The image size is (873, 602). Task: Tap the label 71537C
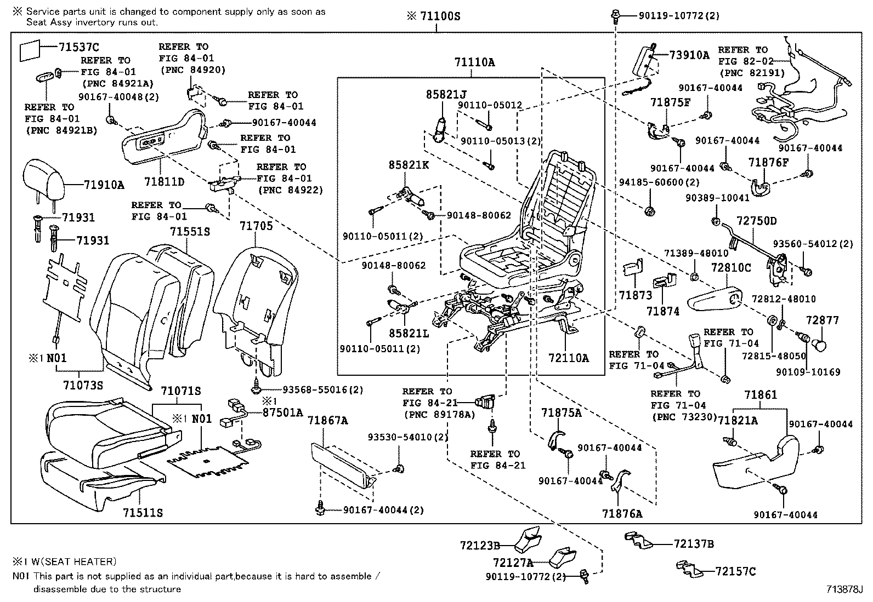pos(79,48)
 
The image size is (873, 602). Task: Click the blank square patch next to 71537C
pos(31,50)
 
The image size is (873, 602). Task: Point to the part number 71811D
pos(165,181)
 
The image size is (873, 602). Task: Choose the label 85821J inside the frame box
pos(446,94)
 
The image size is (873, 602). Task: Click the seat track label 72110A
pos(568,358)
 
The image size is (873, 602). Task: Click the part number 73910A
pos(689,55)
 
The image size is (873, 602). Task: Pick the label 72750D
pos(756,221)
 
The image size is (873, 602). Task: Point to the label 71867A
pos(327,420)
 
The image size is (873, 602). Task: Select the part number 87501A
pos(282,412)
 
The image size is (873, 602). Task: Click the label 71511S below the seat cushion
pos(143,513)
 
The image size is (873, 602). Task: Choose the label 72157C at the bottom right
pos(735,572)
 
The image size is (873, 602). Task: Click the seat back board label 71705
pos(256,225)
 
